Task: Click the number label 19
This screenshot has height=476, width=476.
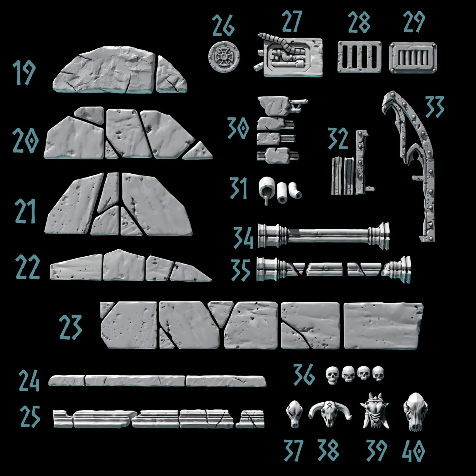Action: [x=24, y=72]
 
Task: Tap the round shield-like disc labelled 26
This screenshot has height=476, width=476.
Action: [x=224, y=57]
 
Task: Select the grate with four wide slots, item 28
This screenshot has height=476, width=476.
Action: [x=359, y=57]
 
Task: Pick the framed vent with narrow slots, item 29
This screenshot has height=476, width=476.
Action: [x=413, y=57]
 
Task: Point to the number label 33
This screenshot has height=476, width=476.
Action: [x=435, y=107]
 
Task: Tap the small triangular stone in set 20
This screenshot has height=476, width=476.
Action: [x=198, y=151]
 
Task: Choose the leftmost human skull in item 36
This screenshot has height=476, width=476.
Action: [x=332, y=375]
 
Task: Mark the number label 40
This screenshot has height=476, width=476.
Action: [x=413, y=451]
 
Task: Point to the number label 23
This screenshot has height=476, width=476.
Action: [x=70, y=327]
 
